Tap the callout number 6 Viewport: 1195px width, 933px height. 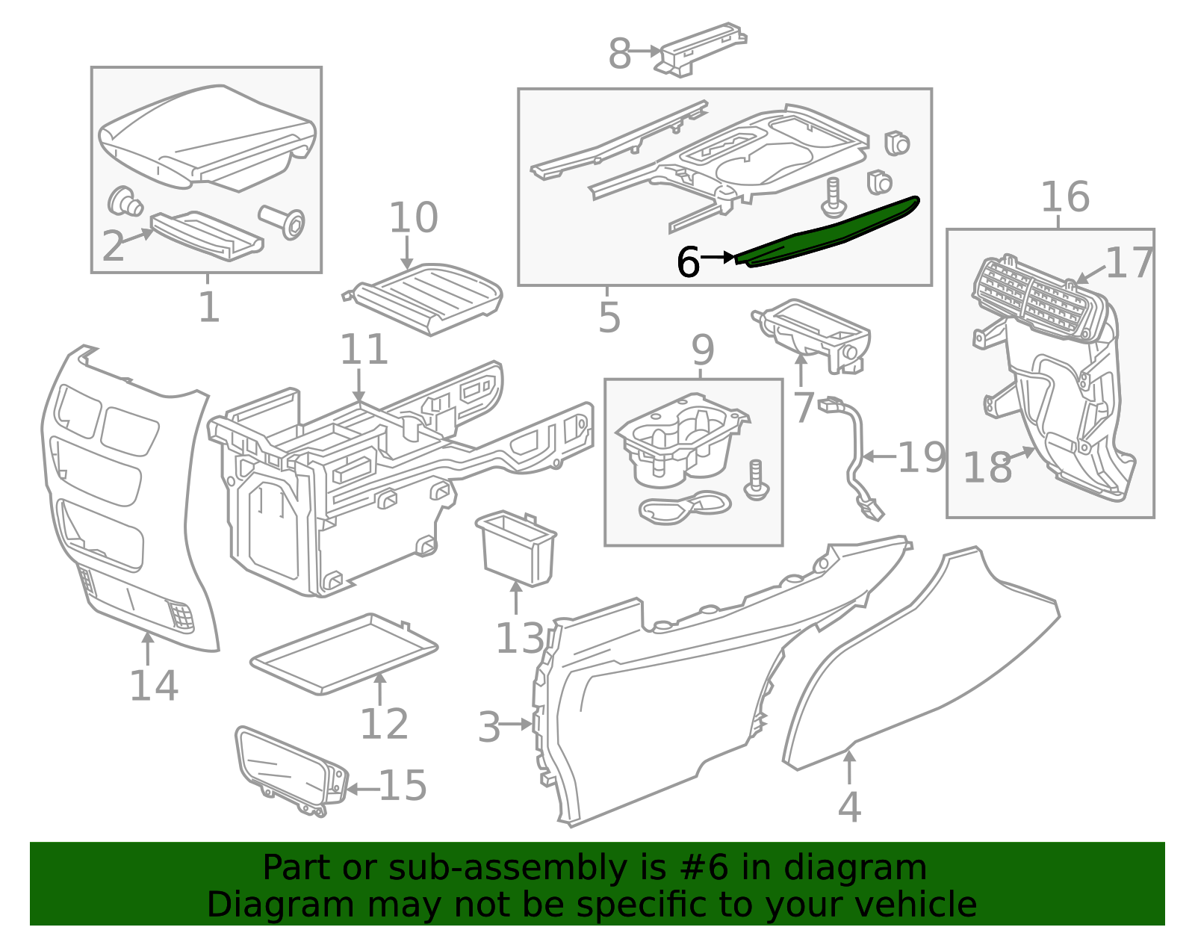(x=687, y=262)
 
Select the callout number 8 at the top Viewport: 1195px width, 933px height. (x=619, y=54)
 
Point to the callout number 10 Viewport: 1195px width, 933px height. (x=413, y=217)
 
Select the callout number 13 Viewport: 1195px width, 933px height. (x=520, y=639)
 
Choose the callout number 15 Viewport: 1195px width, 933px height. (x=403, y=786)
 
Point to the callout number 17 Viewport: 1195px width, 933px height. (x=1129, y=263)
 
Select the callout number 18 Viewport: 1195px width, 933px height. (x=987, y=468)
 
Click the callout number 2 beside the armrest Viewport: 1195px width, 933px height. (x=113, y=246)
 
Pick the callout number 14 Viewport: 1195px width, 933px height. (x=154, y=685)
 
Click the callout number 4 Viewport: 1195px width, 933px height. (x=849, y=808)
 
